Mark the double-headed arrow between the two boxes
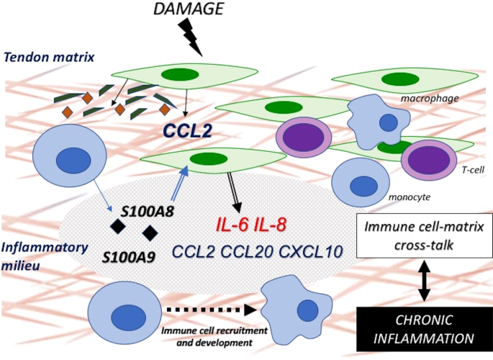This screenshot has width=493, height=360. click(422, 282)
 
